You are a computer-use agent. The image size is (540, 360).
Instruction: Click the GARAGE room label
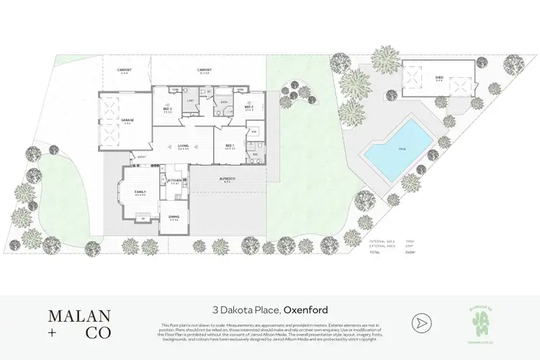[127, 120]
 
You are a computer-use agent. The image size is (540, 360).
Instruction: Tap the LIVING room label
[183, 146]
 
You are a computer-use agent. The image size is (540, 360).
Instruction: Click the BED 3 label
[167, 109]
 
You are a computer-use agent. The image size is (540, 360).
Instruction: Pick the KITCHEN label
[174, 181]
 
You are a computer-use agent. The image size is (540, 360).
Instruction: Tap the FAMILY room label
[140, 192]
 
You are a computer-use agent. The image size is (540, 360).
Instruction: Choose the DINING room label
[174, 217]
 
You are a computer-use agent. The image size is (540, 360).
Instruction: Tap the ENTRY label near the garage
[141, 157]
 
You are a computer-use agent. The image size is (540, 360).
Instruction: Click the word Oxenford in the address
[306, 310]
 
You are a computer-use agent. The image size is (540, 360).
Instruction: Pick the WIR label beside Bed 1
[254, 132]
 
